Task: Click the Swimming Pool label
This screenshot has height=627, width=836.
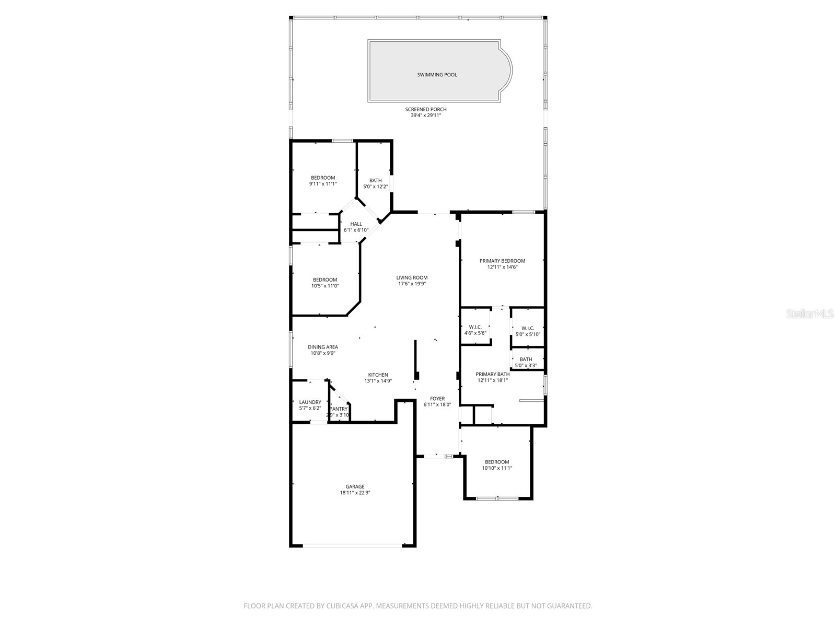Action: [x=437, y=75]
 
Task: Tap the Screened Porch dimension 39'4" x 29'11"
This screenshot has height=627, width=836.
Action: [x=426, y=115]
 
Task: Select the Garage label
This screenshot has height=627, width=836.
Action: [x=355, y=486]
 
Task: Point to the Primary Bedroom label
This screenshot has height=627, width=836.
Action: [x=502, y=261]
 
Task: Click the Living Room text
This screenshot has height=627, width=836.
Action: [x=412, y=278]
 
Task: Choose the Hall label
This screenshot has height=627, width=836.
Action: [x=356, y=224]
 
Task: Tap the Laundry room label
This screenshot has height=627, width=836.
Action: [x=310, y=402]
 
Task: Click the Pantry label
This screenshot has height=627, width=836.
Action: [x=339, y=409]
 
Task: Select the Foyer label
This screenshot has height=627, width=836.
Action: [x=437, y=399]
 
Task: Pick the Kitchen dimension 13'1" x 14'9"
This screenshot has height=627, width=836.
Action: [x=378, y=381]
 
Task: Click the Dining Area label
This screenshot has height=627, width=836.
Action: [x=322, y=347]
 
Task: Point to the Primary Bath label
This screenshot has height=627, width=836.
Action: [x=492, y=374]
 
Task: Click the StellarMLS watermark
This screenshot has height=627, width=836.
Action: [x=810, y=314]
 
